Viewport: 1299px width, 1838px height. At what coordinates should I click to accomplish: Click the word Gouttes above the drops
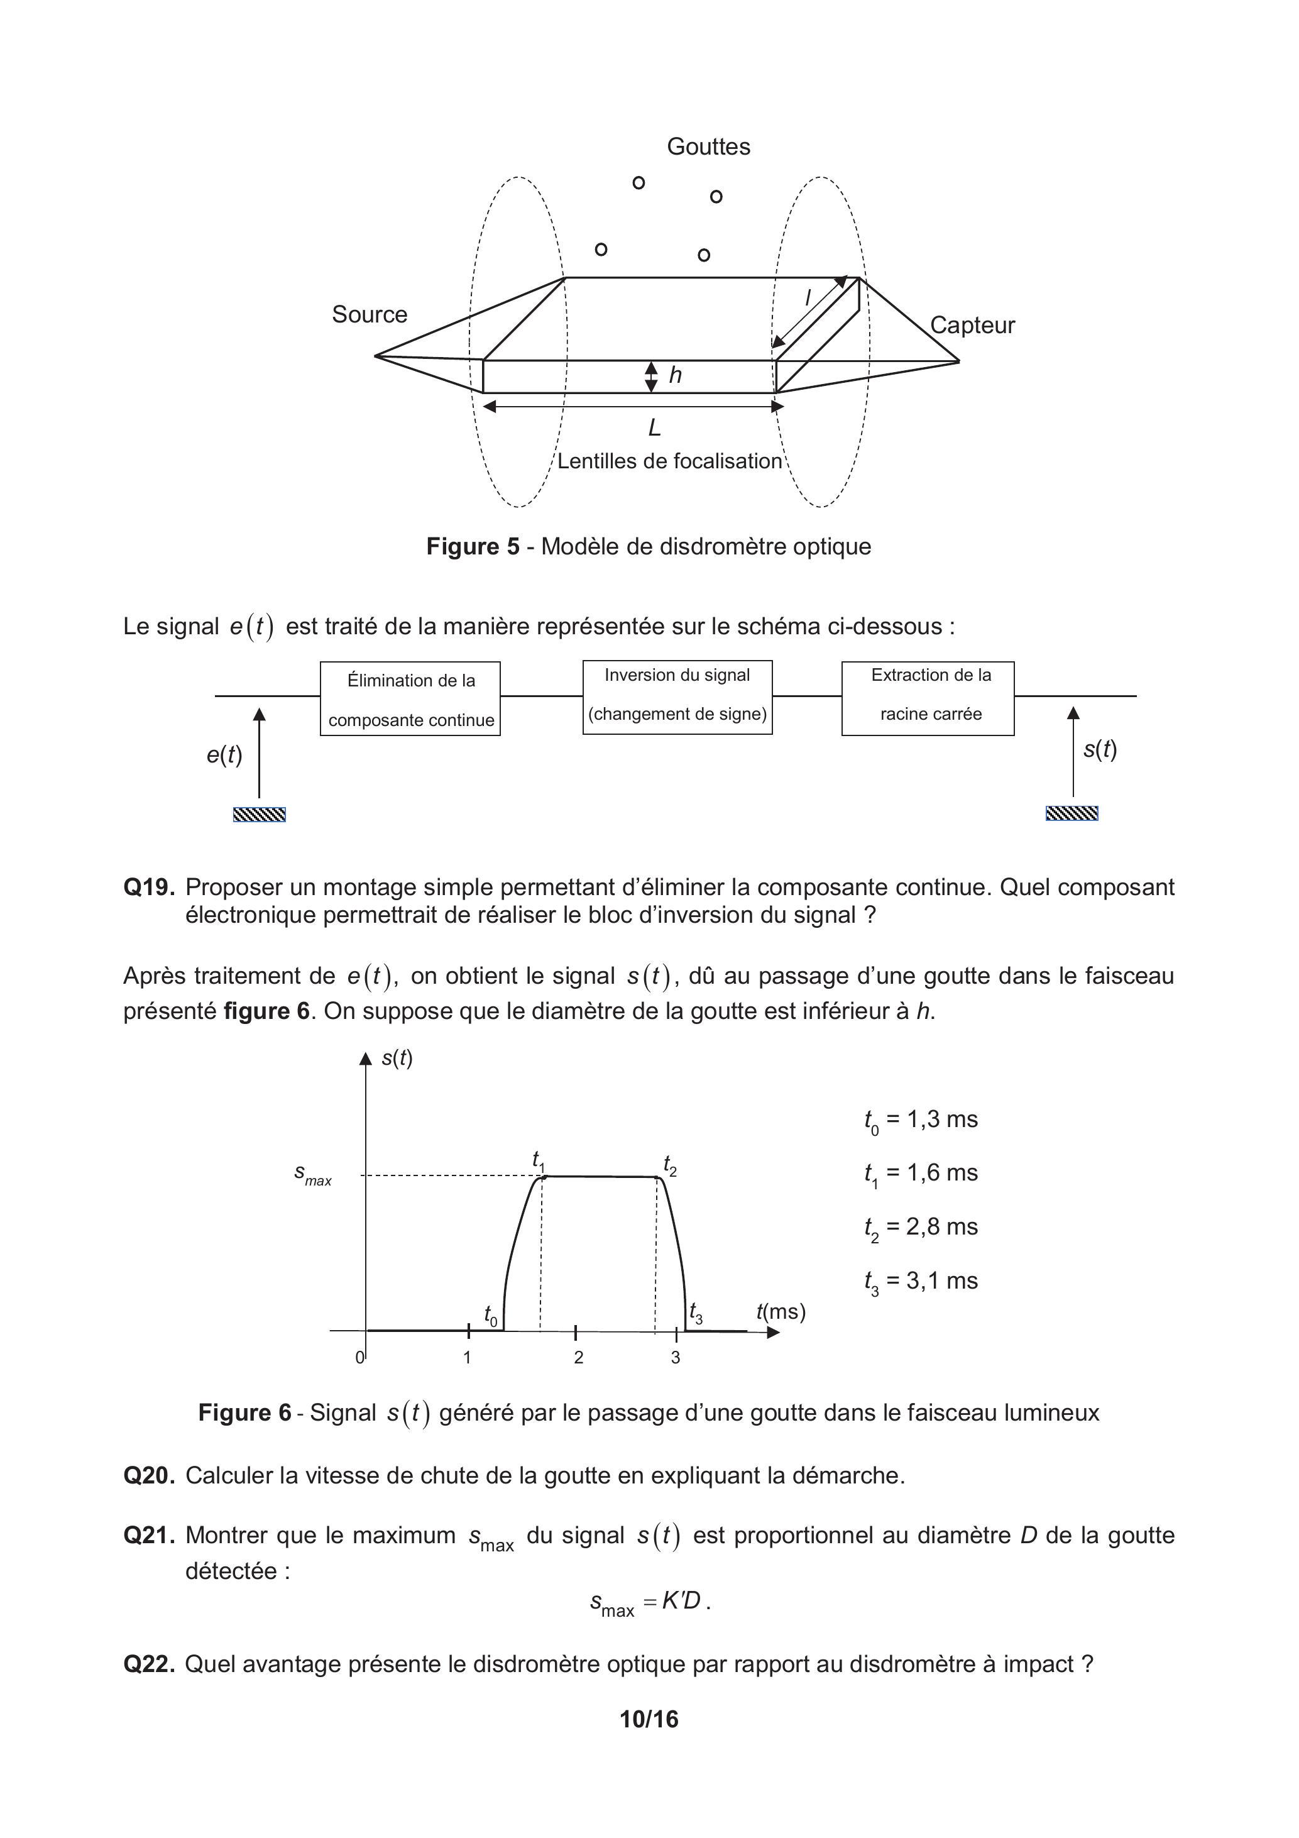coord(708,146)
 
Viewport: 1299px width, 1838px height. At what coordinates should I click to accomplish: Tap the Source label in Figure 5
coord(369,314)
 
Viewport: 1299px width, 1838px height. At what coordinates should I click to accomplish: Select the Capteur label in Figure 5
coord(972,325)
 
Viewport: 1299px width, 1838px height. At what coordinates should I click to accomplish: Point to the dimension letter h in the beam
coord(676,375)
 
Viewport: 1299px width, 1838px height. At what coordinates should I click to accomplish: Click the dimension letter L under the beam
coord(654,428)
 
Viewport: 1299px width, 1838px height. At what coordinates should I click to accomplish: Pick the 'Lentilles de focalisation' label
coord(669,461)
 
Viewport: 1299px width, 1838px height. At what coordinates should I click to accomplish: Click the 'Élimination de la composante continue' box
coord(410,699)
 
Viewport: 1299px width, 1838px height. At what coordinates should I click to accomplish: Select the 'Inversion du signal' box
coord(677,696)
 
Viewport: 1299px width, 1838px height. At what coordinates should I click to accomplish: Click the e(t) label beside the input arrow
coord(224,754)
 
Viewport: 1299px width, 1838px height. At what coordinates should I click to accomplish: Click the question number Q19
coord(149,887)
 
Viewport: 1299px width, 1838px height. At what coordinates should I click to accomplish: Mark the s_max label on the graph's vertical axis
coord(313,1174)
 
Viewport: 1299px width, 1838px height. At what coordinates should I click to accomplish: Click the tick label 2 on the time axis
coord(579,1357)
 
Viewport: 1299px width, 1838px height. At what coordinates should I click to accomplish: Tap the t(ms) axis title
coord(781,1311)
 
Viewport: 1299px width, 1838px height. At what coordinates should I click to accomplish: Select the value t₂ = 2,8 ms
coord(921,1227)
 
